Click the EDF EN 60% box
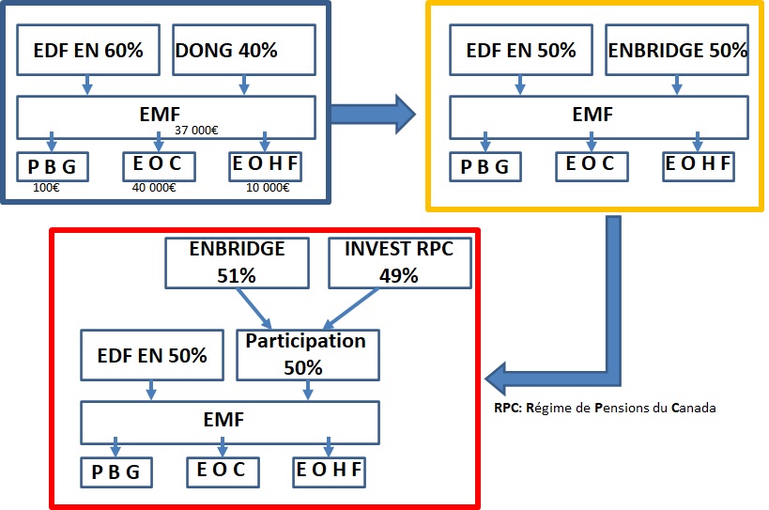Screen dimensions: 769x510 [88, 50]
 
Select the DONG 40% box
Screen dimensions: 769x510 [244, 50]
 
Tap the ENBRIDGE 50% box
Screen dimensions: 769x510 [677, 50]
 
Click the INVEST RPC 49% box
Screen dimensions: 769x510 [400, 263]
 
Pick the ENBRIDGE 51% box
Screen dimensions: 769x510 [237, 263]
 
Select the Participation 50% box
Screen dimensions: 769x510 [308, 355]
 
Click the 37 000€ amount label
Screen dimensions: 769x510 [196, 130]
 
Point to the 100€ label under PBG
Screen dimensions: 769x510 [46, 188]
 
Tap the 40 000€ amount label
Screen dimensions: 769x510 [154, 188]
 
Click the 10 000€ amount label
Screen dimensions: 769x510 [268, 188]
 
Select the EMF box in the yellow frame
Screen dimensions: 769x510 [599, 117]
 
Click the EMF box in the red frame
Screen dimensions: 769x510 [230, 423]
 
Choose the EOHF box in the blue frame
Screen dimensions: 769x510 [266, 167]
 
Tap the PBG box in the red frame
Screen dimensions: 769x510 [116, 472]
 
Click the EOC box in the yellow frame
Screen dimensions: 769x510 [592, 167]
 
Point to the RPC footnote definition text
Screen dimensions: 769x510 [605, 408]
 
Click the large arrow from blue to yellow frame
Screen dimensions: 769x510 [373, 115]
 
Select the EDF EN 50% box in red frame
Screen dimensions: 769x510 [152, 355]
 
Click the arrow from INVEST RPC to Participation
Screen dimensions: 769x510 [350, 308]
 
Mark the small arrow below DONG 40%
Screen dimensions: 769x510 [244, 85]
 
